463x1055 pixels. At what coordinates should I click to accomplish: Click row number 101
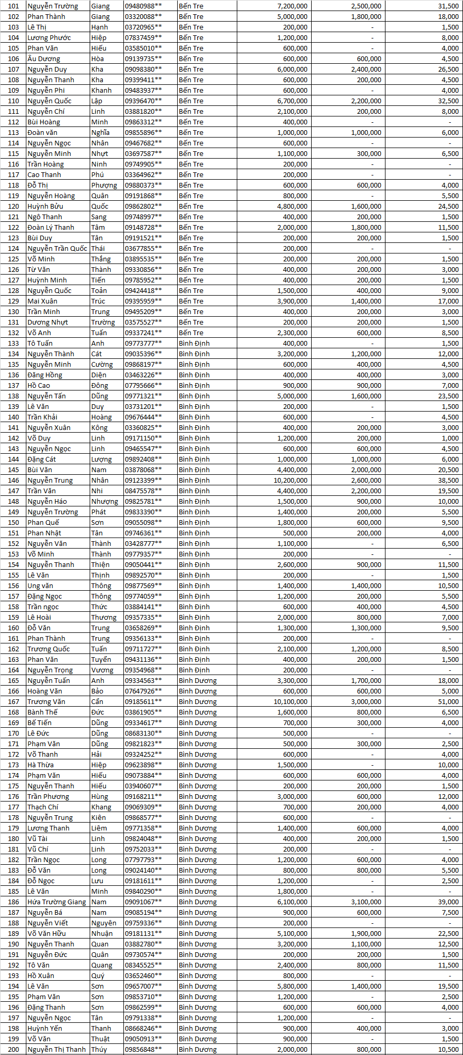14,6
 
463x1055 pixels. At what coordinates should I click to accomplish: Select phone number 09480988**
143,6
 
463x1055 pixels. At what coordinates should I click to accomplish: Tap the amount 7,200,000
292,6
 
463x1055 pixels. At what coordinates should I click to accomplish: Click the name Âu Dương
44,58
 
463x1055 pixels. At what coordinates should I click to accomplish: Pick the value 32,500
448,101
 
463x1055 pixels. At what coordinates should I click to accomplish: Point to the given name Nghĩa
100,132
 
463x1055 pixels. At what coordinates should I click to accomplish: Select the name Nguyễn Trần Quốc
57,248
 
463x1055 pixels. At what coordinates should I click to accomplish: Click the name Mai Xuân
42,301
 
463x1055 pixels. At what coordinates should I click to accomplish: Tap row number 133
14,343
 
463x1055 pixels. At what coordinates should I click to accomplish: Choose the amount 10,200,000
290,480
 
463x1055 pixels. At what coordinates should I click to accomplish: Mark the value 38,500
448,480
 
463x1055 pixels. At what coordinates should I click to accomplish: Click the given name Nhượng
104,501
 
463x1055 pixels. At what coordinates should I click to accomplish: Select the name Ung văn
40,585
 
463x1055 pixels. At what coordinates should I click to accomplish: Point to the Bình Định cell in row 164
194,670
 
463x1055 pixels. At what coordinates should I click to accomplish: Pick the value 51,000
448,701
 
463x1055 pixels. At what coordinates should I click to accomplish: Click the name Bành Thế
42,712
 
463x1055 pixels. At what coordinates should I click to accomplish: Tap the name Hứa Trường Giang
56,902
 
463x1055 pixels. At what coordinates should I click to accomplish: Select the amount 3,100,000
366,902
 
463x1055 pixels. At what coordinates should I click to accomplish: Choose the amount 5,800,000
292,986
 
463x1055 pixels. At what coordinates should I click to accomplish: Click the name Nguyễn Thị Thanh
56,1049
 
